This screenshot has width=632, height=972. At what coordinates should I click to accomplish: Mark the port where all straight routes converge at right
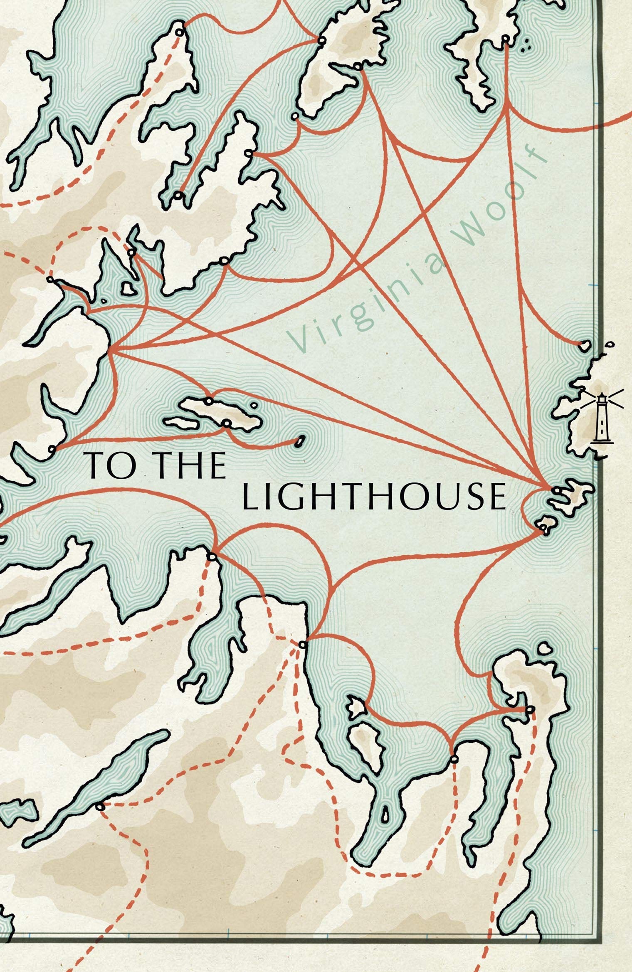pyautogui.click(x=556, y=490)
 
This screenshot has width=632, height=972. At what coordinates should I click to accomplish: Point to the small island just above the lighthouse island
pyautogui.click(x=584, y=345)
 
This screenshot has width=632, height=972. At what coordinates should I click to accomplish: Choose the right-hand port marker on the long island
pyautogui.click(x=227, y=423)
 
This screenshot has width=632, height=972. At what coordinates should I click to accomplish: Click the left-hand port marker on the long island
pyautogui.click(x=209, y=401)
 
